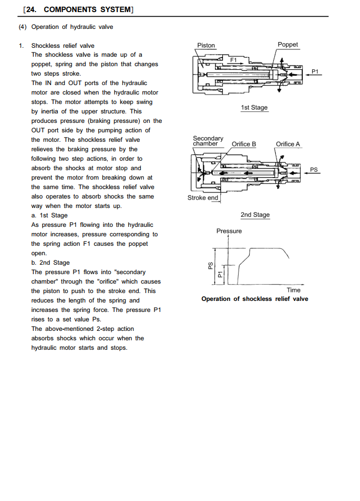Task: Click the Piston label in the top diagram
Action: [206, 46]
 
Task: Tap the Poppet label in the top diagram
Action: [287, 45]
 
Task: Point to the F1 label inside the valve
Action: [234, 60]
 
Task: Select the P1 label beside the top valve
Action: [315, 71]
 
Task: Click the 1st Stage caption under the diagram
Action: [254, 108]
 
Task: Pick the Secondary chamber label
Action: [208, 141]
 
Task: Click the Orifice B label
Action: [244, 144]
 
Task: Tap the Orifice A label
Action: [288, 144]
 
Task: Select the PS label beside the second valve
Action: [314, 170]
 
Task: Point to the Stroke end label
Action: [203, 198]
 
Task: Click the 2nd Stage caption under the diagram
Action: [255, 215]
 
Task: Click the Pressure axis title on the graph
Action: [229, 231]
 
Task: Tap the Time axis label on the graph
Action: [294, 290]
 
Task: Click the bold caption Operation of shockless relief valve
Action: [255, 299]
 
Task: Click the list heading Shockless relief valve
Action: [63, 46]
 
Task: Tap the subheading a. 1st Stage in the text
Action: [49, 215]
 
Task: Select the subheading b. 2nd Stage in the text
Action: [50, 263]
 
